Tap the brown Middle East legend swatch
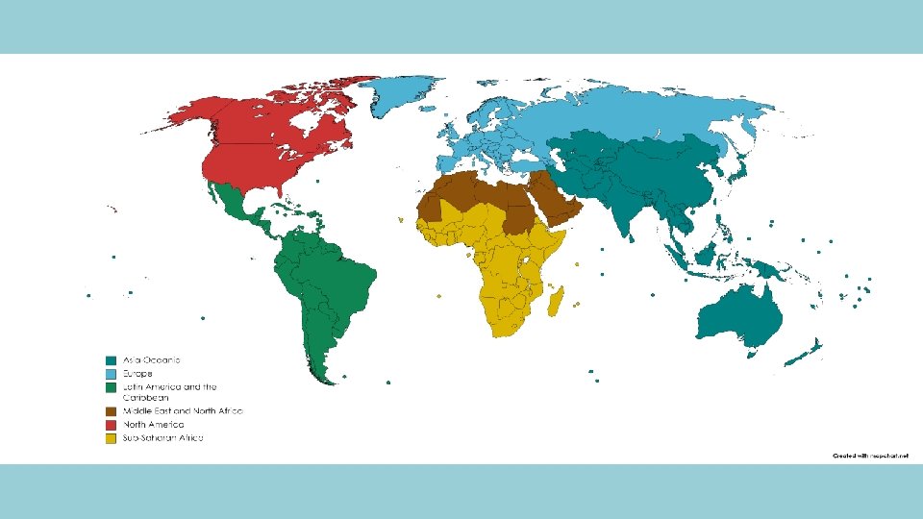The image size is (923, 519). click(112, 410)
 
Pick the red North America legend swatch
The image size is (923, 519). click(112, 424)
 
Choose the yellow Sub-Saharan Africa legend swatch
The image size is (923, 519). click(112, 438)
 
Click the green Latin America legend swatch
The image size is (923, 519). click(112, 386)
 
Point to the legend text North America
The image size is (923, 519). click(152, 424)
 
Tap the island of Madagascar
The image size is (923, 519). click(555, 303)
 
